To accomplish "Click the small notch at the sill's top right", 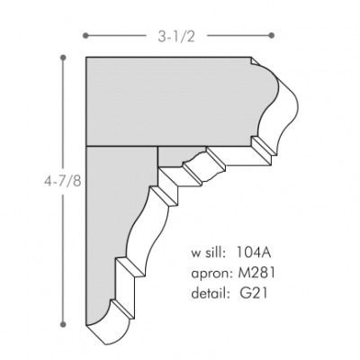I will pyautogui.click(x=251, y=62).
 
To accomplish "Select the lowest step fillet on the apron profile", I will pyautogui.click(x=127, y=267).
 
